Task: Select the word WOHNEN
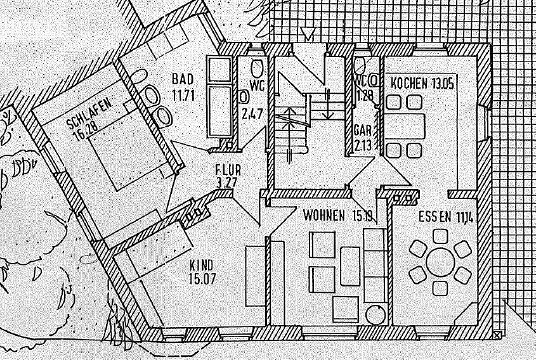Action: tap(324, 215)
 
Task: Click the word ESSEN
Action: tap(435, 217)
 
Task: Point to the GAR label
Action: tap(362, 130)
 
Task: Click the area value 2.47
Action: tap(251, 115)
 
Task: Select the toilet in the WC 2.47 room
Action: tap(256, 68)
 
